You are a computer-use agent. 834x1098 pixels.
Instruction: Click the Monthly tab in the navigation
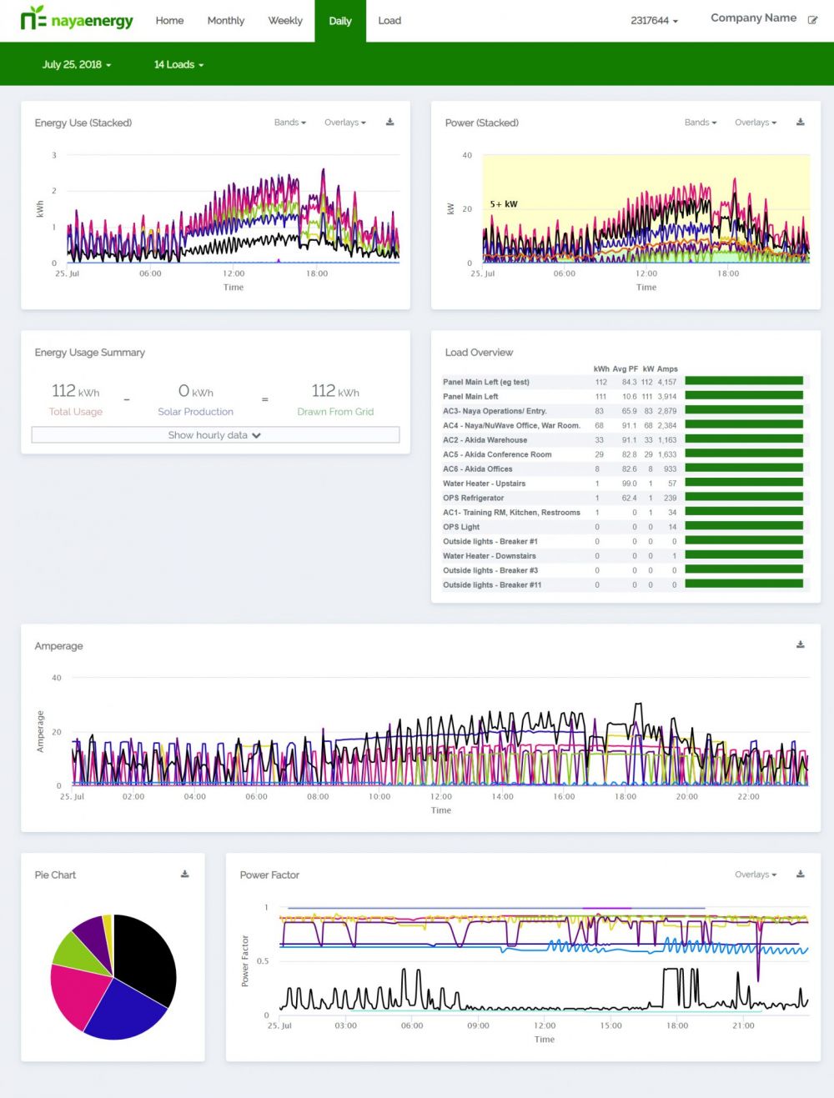[225, 21]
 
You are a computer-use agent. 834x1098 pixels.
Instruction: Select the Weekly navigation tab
[285, 21]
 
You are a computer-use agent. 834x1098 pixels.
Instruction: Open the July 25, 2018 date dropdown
[76, 64]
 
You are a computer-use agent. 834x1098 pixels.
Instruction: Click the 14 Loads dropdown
[178, 64]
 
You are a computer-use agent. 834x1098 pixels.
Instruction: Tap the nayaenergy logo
[77, 18]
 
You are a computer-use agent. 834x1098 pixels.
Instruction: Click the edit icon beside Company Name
[812, 19]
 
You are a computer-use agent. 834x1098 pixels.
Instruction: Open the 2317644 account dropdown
[654, 21]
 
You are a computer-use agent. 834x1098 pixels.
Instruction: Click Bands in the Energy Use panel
[289, 123]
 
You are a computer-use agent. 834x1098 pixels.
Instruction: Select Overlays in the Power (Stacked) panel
[755, 123]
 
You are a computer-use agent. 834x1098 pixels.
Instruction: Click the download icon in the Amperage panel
[800, 644]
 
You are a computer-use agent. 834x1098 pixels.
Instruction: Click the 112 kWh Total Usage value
[75, 391]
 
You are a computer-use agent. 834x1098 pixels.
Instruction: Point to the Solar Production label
[195, 412]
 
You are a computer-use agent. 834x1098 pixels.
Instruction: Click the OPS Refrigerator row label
[473, 498]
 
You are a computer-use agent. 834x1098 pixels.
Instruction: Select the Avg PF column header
[625, 369]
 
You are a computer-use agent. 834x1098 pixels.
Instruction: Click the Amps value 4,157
[666, 382]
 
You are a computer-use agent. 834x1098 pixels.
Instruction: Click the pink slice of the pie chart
[79, 996]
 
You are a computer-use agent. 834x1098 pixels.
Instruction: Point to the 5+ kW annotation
[504, 204]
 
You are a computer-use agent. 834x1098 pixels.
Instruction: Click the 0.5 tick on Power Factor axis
[263, 961]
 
